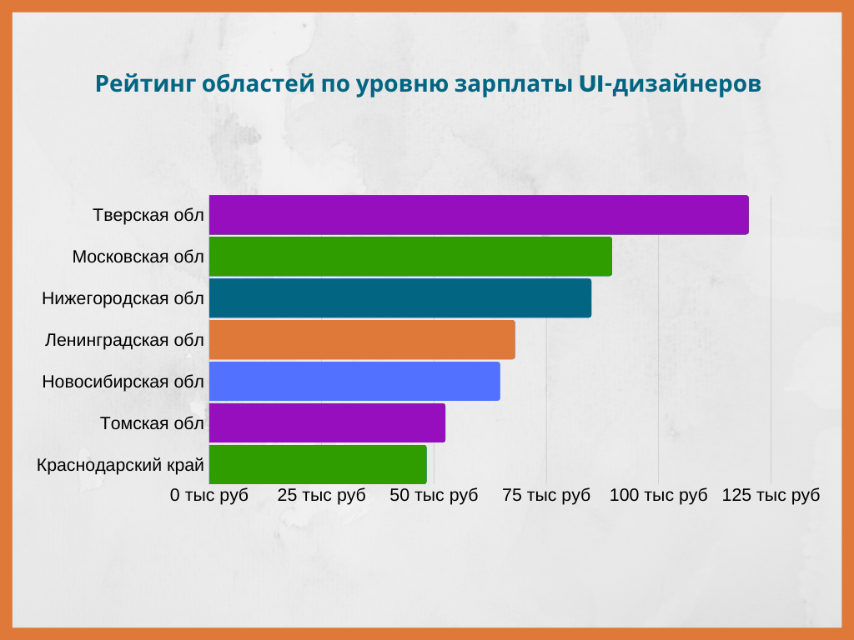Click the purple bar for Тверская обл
point(479,215)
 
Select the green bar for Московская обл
point(410,257)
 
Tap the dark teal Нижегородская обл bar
point(400,298)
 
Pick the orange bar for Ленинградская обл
point(362,340)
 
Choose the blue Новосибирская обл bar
point(354,382)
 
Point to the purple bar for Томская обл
point(327,422)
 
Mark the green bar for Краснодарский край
point(318,465)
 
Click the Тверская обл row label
point(148,215)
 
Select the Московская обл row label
point(138,257)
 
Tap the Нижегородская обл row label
point(123,298)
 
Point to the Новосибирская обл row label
point(123,382)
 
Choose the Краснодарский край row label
point(120,465)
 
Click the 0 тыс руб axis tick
point(209,495)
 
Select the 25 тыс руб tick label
point(321,495)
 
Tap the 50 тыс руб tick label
point(434,495)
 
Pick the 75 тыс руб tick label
point(546,495)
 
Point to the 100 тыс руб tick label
point(659,495)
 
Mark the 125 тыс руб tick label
point(771,495)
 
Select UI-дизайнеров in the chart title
point(670,84)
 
